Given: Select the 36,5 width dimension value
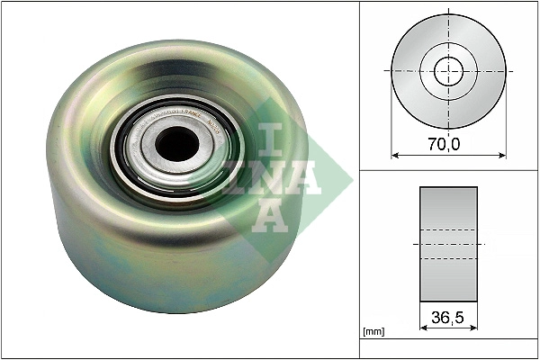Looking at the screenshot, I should [x=448, y=317].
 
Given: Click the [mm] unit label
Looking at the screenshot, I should [x=374, y=332].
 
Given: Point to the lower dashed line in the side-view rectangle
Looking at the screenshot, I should [x=448, y=259].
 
